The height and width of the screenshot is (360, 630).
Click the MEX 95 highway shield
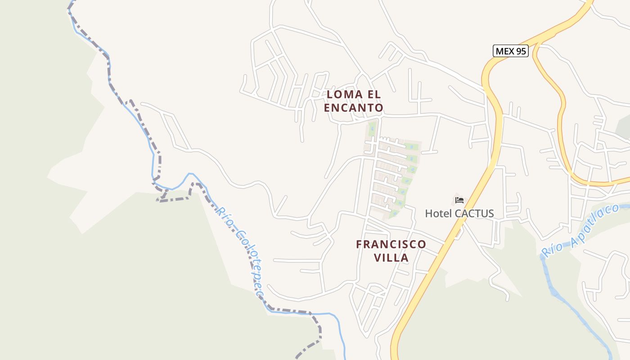click(510, 51)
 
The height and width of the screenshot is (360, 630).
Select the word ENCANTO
click(354, 108)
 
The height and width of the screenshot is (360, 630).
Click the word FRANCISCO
click(391, 244)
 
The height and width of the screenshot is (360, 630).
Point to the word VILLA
click(391, 258)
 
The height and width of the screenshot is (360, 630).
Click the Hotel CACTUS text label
click(459, 213)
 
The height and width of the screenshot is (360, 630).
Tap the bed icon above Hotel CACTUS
click(459, 200)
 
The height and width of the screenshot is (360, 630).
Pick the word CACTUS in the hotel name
click(474, 213)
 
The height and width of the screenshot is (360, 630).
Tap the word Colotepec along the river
click(248, 263)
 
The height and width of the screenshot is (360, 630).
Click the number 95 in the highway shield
click(521, 51)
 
